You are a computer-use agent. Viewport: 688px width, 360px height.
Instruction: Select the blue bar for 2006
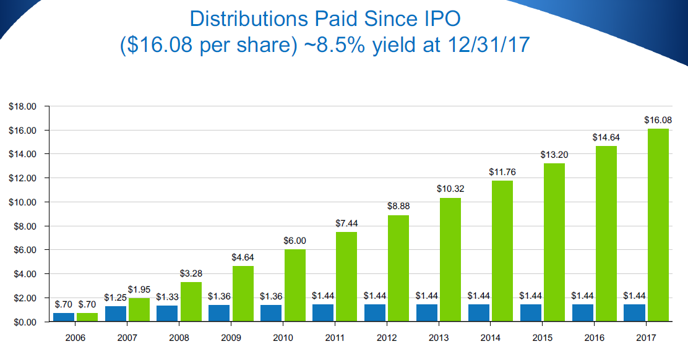click(64, 317)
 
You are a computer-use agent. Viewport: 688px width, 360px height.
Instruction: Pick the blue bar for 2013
click(427, 313)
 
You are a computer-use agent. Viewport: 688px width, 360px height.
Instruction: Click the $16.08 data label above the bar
click(658, 120)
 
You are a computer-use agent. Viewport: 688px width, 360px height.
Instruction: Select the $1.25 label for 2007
click(115, 298)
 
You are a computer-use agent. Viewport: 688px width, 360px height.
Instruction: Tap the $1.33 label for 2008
click(167, 297)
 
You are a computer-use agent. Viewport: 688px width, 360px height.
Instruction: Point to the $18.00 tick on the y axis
click(24, 106)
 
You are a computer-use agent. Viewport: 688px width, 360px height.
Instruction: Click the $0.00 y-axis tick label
click(25, 322)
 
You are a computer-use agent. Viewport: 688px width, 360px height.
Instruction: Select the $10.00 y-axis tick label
click(24, 202)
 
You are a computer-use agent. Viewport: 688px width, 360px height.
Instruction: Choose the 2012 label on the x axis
click(387, 338)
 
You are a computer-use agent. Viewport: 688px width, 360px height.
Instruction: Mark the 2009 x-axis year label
click(231, 338)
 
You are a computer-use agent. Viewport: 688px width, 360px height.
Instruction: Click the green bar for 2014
click(502, 251)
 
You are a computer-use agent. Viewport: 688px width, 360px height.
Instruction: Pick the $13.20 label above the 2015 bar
click(554, 155)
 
